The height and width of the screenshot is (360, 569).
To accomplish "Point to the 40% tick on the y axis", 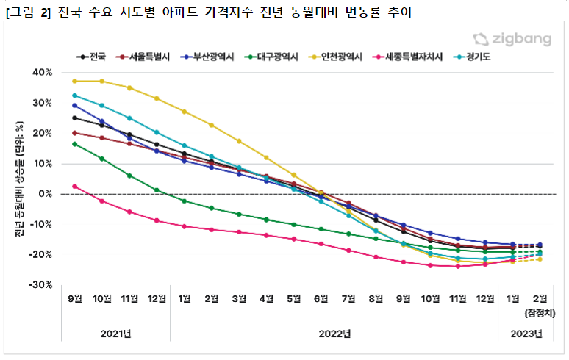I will point(42,72).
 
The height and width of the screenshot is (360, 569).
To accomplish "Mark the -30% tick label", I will point(41,284).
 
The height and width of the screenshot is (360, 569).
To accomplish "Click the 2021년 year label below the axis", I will point(116,334).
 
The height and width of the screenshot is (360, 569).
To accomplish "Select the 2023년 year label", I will point(527,334).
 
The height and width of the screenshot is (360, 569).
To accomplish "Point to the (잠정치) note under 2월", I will point(540,313).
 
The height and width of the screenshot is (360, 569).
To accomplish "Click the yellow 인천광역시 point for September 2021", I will point(74,81).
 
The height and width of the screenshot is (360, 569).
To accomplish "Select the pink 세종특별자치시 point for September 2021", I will point(74,187).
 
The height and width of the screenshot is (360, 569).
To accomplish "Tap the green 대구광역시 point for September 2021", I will point(74,144).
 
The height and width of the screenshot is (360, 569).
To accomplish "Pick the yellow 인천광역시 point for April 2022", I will point(266,157).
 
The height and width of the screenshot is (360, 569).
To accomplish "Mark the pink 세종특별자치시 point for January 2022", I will point(184,226).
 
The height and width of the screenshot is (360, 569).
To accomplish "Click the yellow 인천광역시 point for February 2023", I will point(540,259).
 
